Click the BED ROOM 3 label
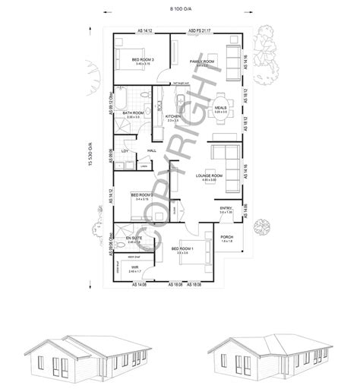pyautogui.click(x=142, y=59)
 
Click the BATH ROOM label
pyautogui.click(x=134, y=112)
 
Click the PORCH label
pyautogui.click(x=226, y=237)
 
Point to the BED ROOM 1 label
pyautogui.click(x=182, y=248)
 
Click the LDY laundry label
pyautogui.click(x=124, y=151)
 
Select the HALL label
pyautogui.click(x=152, y=151)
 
